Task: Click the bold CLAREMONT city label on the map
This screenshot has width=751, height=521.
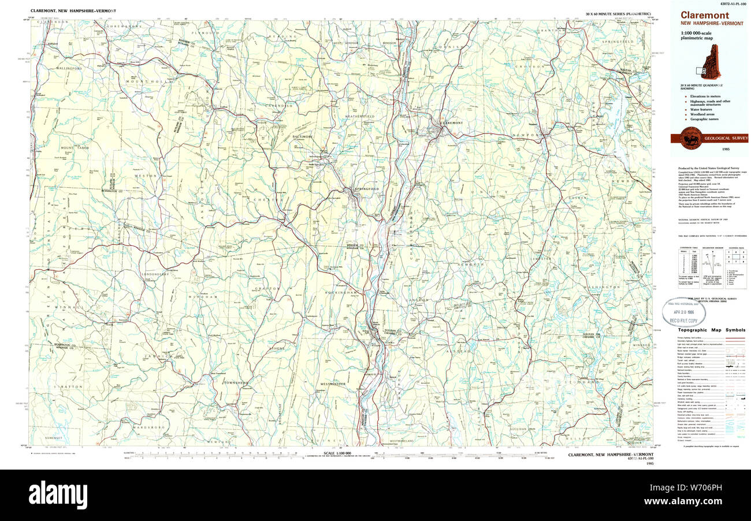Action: tap(451, 123)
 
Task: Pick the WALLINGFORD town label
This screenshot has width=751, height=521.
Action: tap(69, 68)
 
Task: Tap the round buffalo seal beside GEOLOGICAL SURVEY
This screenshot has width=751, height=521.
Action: tap(691, 139)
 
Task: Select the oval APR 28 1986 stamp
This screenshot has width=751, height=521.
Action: tap(683, 312)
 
